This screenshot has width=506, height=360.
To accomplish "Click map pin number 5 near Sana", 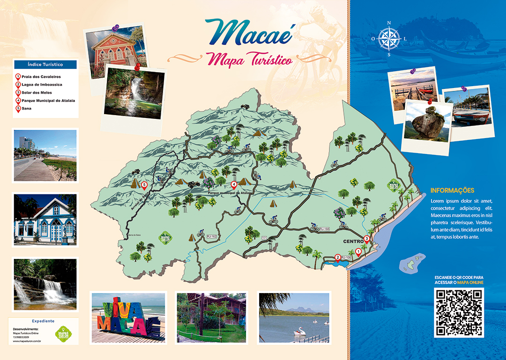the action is pyautogui.click(x=144, y=185).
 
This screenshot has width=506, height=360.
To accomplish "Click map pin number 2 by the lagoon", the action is pyautogui.click(x=337, y=257).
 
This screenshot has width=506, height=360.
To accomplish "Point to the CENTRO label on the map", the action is pyautogui.click(x=353, y=242).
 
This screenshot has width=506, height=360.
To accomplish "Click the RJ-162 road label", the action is pyautogui.click(x=212, y=237).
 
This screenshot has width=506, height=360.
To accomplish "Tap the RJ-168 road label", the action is pyautogui.click(x=324, y=228).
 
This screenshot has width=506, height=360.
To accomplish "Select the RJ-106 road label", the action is pyautogui.click(x=347, y=257).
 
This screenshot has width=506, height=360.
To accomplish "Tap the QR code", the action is pyautogui.click(x=459, y=312).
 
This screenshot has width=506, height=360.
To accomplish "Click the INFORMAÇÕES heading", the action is pyautogui.click(x=452, y=191).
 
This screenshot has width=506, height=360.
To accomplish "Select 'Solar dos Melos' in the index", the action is pyautogui.click(x=35, y=93).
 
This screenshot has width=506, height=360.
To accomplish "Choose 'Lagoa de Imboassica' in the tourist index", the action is pyautogui.click(x=42, y=85).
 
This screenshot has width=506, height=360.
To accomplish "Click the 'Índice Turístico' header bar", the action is pyautogui.click(x=45, y=65).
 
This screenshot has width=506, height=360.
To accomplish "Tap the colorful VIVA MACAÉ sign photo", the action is pyautogui.click(x=128, y=317).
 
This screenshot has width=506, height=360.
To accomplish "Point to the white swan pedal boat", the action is pyautogui.click(x=300, y=330).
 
